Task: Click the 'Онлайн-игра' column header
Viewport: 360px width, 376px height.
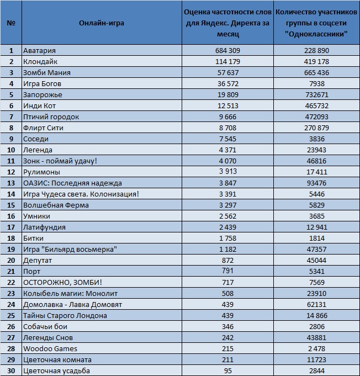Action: point(102,23)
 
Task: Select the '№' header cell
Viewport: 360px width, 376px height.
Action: point(11,23)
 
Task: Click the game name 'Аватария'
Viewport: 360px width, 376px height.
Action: point(39,51)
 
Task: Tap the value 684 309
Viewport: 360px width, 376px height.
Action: point(227,51)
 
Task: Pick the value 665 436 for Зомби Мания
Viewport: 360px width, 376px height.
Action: point(316,73)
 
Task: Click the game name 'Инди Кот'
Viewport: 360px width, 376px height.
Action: point(39,106)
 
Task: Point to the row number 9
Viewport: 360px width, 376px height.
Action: point(11,139)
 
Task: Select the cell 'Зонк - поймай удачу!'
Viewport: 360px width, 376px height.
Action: point(60,161)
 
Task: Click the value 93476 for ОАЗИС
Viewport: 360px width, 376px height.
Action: point(316,183)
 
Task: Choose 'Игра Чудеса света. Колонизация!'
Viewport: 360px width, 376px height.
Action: point(81,194)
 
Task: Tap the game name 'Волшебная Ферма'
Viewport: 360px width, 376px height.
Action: point(56,205)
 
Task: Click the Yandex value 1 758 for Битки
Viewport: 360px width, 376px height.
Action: point(227,238)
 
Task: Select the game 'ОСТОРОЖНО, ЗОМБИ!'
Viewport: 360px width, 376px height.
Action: point(62,282)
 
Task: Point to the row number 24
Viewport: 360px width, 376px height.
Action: point(11,305)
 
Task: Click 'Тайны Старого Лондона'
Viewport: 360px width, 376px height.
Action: point(65,316)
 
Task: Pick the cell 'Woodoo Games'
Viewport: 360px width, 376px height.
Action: point(50,348)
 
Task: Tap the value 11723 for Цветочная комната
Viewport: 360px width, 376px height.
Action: point(316,359)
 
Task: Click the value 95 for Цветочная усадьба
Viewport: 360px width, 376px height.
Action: point(227,370)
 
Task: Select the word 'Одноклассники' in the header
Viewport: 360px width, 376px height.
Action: point(316,34)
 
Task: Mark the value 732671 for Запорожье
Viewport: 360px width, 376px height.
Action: point(316,95)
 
